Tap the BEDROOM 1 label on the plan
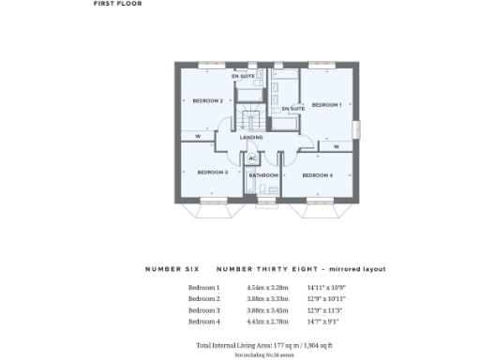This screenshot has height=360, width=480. (325, 104)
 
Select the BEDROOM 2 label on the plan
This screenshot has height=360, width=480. (207, 100)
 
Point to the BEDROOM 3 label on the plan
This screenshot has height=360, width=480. (213, 172)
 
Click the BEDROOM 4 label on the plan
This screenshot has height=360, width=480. (317, 175)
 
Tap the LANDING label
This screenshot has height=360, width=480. (251, 138)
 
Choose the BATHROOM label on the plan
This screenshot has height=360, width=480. (263, 175)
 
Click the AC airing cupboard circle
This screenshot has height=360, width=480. (252, 158)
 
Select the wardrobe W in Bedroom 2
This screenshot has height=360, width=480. (198, 138)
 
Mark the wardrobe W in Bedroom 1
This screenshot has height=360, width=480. (335, 146)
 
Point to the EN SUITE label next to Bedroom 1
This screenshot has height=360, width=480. (291, 109)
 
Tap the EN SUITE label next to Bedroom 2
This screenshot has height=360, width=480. (244, 76)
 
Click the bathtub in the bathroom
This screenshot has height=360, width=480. (263, 193)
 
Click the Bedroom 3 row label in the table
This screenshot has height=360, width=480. (203, 309)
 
